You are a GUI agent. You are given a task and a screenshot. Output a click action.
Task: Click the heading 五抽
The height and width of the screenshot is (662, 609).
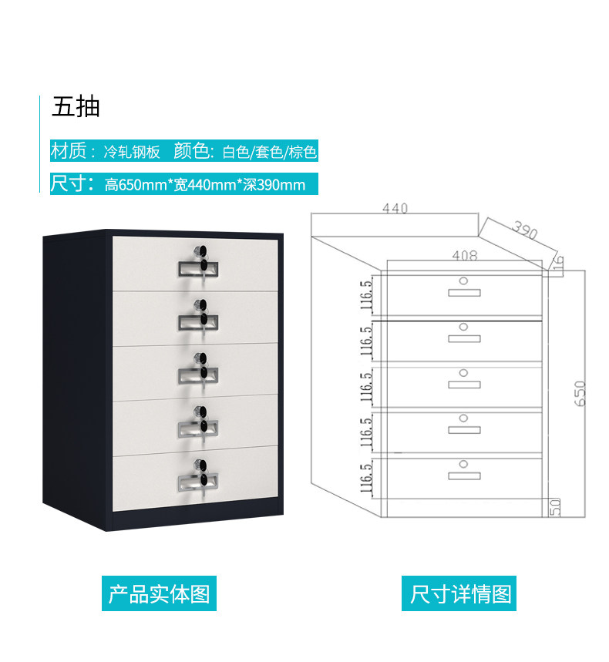coord(76,106)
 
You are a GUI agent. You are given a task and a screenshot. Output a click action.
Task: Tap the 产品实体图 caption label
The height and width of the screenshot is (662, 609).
coord(159,594)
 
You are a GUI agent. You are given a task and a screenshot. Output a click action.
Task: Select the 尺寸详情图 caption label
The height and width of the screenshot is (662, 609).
coord(460,594)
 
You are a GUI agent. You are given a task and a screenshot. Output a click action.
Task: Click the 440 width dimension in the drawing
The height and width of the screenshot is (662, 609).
coord(394,209)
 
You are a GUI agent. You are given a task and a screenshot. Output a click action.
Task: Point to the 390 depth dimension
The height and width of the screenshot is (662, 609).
coord(525,229)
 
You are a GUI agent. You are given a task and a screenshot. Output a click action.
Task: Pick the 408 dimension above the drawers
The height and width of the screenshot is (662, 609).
coord(464,255)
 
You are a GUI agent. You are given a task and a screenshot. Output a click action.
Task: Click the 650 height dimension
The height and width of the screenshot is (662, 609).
coord(580,393)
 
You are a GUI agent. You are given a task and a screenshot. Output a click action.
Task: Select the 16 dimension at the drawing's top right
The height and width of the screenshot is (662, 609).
coord(558,264)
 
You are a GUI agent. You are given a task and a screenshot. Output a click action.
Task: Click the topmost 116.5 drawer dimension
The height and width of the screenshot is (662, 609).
coord(366,295)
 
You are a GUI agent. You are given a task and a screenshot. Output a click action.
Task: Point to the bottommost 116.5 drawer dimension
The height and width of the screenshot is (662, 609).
coord(366,478)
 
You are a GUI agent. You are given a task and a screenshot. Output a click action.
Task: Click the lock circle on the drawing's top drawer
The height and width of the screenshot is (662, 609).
coord(464,281)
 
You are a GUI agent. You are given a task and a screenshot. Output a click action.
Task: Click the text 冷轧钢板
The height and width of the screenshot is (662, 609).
coord(132,152)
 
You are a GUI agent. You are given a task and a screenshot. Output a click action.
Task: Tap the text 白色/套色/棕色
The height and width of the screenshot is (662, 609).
coord(269,152)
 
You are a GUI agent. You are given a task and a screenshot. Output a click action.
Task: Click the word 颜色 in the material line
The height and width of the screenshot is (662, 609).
coord(191,151)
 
